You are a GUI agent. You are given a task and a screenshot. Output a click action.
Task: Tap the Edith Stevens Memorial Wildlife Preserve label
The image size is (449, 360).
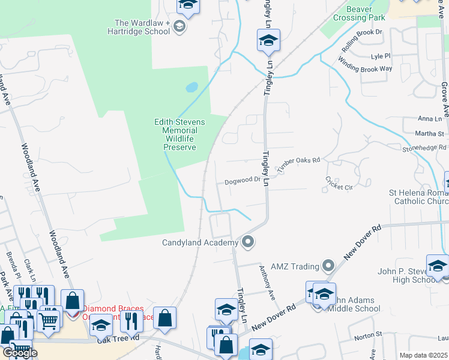click(x=180, y=134)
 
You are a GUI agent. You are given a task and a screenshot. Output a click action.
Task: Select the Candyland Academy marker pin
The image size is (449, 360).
click(x=247, y=242)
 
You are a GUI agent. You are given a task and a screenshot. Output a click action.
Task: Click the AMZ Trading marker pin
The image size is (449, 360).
click(x=328, y=265)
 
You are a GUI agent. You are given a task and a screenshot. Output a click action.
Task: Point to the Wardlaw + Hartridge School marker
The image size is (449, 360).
click(x=179, y=27)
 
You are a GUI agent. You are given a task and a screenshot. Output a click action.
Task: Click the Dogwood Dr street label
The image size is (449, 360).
click(x=242, y=180)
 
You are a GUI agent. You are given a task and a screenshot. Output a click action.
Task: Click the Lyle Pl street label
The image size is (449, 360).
click(x=381, y=56)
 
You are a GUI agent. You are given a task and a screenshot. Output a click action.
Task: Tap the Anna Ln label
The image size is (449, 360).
click(x=429, y=119)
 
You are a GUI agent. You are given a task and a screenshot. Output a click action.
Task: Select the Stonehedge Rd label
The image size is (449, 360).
click(x=425, y=148)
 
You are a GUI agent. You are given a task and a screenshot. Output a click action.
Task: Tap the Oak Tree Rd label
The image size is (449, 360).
click(x=122, y=338)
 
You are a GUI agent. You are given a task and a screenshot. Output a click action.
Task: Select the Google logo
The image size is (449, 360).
click(x=20, y=353)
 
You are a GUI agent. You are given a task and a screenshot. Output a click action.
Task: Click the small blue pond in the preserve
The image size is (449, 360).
click(x=192, y=87)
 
